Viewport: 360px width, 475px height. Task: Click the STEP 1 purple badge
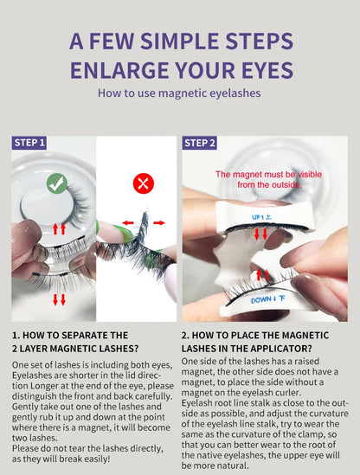[29, 143]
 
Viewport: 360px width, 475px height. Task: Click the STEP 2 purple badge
[199, 143]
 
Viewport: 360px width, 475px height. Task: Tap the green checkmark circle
[57, 183]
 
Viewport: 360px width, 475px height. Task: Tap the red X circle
[144, 183]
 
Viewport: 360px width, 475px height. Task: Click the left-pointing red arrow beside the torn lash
[128, 223]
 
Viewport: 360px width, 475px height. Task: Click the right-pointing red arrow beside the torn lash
[159, 223]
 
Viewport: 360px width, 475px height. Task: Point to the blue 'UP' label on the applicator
[262, 217]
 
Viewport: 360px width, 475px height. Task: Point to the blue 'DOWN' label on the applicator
[268, 299]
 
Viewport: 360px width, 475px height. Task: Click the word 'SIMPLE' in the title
[180, 42]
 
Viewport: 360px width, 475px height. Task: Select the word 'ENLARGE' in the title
[119, 70]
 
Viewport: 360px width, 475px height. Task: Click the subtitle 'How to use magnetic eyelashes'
[179, 93]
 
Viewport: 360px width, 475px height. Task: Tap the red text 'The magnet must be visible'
[268, 175]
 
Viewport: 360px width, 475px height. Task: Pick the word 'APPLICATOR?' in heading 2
[280, 349]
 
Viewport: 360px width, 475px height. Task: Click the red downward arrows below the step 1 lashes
[59, 299]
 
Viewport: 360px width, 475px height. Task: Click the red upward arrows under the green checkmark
[59, 228]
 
